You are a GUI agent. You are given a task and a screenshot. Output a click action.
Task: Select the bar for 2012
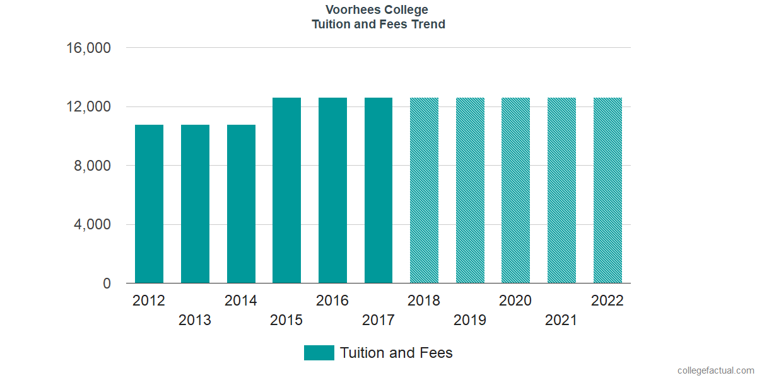[x=149, y=204]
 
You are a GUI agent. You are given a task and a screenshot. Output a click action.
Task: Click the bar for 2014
[x=241, y=204]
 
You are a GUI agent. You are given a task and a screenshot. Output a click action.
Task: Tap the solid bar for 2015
[x=286, y=190]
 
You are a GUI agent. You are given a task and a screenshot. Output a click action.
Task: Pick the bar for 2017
[x=378, y=190]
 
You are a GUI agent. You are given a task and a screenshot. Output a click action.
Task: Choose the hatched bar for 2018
[x=424, y=190]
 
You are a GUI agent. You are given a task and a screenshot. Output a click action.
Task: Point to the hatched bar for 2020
[x=515, y=190]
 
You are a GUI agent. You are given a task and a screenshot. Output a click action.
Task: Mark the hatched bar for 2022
[x=607, y=190]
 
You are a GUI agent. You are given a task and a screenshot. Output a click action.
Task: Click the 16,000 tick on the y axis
[x=89, y=48]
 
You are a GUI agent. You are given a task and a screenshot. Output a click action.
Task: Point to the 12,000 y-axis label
[x=89, y=107]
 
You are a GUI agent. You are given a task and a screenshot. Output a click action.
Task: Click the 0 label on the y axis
[x=107, y=284]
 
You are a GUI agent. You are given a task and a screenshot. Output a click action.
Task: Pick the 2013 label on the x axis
[x=195, y=321]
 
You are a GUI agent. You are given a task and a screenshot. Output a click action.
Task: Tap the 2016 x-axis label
[x=332, y=301]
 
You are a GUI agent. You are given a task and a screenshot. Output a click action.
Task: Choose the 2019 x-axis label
[x=470, y=321]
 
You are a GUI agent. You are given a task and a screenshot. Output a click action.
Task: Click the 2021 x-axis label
[x=561, y=321]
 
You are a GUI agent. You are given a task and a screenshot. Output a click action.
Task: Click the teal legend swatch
[x=319, y=353]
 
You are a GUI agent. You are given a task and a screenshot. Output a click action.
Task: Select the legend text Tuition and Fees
[x=396, y=353]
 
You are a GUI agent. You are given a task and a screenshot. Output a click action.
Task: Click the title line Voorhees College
[x=378, y=10]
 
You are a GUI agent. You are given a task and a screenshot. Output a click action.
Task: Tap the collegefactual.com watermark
[x=715, y=370]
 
